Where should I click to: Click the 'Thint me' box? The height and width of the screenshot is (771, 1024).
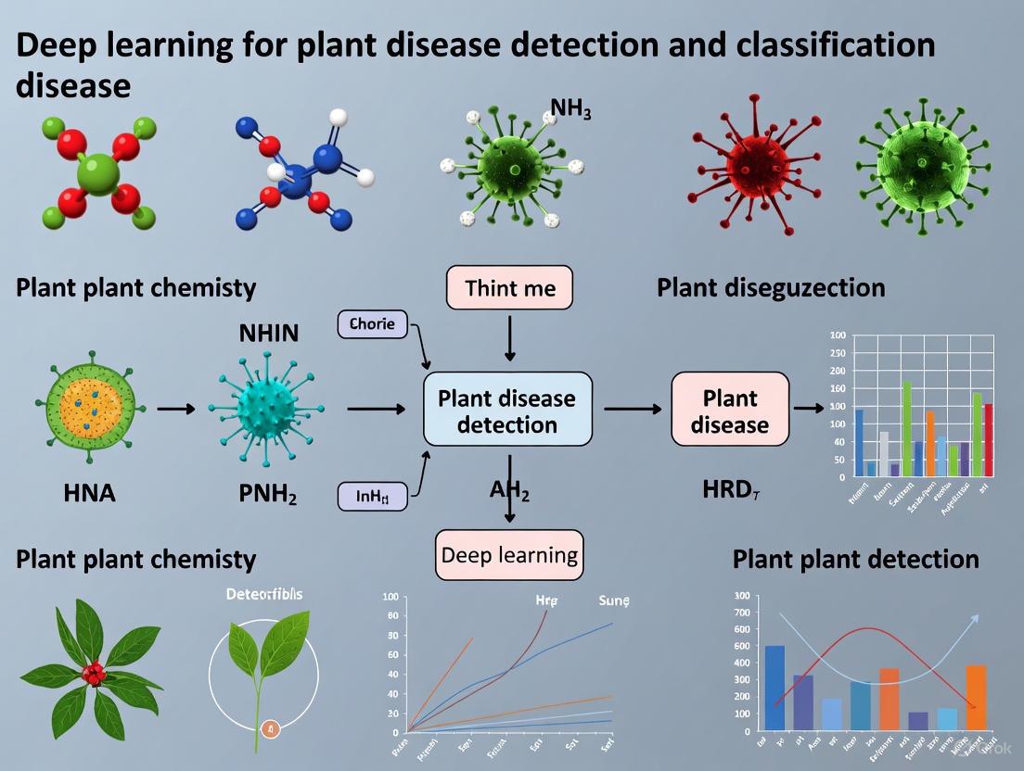509,287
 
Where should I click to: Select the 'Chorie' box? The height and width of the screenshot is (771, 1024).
372,323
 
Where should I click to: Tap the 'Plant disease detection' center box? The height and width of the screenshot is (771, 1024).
506,411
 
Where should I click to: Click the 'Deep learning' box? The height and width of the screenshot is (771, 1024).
509,555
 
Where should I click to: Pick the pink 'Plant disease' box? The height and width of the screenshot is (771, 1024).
730,411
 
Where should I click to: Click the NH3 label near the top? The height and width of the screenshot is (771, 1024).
570,108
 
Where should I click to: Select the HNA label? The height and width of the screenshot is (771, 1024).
90,493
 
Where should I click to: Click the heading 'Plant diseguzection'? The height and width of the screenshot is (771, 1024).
770,287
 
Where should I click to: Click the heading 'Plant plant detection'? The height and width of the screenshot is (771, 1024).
855,559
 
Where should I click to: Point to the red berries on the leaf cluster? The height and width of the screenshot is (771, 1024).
93,674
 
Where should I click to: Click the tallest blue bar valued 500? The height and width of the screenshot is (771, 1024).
774,686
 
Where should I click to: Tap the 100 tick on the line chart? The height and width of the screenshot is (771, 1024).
390,598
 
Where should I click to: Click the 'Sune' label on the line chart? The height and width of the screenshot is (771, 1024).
614,600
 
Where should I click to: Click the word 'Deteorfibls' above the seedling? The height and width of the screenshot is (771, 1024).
263,593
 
